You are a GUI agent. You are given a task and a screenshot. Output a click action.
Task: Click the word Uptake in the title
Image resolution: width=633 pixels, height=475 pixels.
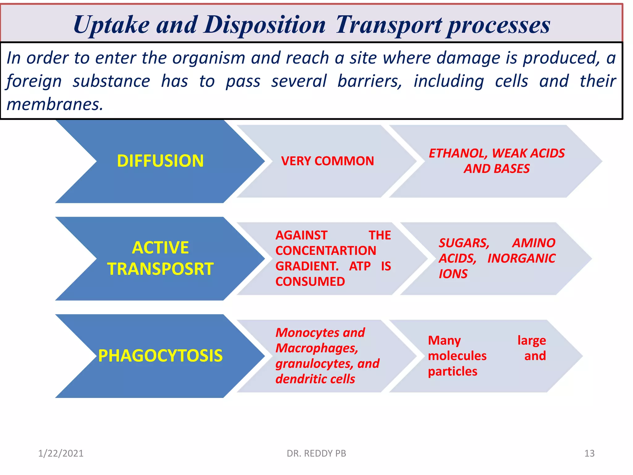[112, 25]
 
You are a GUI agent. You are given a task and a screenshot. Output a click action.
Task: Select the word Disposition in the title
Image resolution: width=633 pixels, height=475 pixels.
[265, 25]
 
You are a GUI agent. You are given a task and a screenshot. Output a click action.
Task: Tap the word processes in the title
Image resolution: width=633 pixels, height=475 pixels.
[499, 25]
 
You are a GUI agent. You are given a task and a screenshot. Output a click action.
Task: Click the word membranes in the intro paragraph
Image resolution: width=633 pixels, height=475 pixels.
[54, 105]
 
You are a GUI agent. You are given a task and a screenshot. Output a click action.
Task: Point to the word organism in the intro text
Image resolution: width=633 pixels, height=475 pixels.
[209, 58]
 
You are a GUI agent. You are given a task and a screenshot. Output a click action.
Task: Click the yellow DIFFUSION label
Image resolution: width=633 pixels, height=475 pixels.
[160, 161]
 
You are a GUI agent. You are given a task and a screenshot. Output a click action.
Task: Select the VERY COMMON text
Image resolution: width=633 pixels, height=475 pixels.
[327, 161]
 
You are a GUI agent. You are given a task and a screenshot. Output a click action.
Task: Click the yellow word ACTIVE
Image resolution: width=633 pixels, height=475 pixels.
[160, 248]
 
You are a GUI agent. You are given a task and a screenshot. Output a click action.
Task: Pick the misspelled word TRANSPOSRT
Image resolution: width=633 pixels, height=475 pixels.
[160, 269]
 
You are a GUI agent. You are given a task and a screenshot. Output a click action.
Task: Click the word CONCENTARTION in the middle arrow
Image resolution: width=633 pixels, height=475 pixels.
[326, 251]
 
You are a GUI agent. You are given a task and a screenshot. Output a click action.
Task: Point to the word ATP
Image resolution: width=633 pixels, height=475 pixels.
[360, 266]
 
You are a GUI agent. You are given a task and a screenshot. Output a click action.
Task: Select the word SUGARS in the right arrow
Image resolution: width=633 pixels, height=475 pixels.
[464, 243]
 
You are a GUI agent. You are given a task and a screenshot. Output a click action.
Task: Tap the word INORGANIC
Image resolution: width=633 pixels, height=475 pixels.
[521, 259]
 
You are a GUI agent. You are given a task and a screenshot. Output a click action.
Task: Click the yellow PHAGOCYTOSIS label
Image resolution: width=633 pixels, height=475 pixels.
[160, 356]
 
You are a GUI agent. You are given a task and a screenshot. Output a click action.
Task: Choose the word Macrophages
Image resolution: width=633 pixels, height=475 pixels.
[316, 348]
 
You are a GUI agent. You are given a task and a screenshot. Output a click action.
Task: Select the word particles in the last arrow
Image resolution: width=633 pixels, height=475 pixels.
[452, 371]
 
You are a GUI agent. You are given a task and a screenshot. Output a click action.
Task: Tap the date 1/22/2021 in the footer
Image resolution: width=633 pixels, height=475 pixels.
[61, 453]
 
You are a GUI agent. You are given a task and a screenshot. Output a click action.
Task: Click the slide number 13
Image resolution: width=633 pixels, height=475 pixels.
[589, 453]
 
